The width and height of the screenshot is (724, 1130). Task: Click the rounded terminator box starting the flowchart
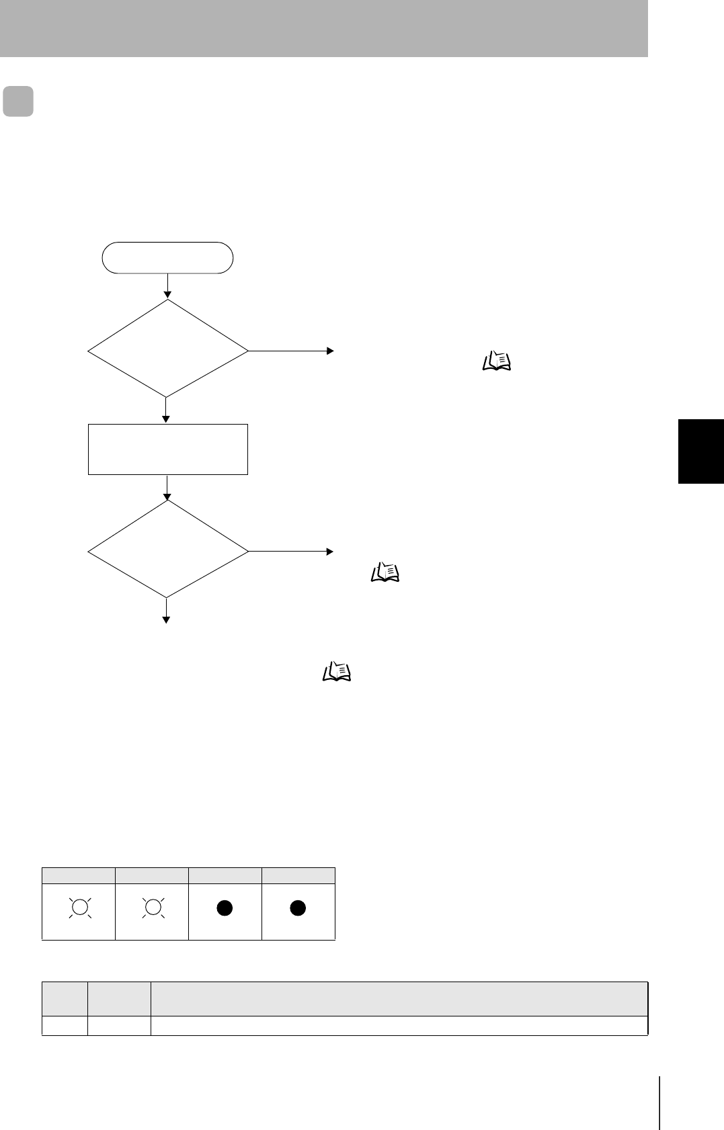tap(167, 258)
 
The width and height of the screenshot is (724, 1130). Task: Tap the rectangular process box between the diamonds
tap(167, 449)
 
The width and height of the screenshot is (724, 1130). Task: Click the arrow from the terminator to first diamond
tap(167, 286)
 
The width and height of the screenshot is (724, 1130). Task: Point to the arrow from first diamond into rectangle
tap(166, 410)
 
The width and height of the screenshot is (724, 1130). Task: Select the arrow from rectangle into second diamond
tap(167, 488)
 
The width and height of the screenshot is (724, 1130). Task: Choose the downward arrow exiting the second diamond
tap(166, 611)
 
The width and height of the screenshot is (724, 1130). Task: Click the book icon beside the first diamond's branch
tap(496, 362)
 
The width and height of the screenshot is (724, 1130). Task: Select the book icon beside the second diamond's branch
tap(385, 572)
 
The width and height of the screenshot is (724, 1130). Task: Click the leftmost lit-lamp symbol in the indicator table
tap(79, 908)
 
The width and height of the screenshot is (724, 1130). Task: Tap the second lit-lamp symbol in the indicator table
tap(153, 908)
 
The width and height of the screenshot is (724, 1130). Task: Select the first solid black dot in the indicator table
tap(225, 908)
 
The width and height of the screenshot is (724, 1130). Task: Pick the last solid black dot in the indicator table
tap(298, 908)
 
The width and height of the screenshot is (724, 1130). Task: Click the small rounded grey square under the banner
tap(18, 101)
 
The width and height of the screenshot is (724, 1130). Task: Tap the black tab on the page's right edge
tap(700, 451)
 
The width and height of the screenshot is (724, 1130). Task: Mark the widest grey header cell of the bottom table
tap(399, 999)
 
